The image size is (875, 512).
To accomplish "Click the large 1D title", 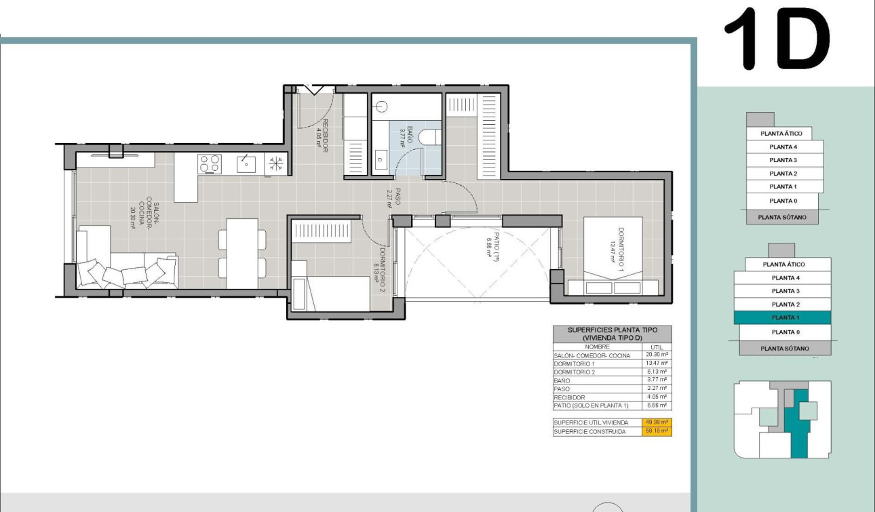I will [777, 39].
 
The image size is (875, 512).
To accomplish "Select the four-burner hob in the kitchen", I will [210, 163].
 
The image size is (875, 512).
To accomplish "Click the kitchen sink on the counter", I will [246, 163].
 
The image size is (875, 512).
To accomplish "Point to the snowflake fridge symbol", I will [276, 163].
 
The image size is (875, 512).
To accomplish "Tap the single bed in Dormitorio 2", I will [330, 292].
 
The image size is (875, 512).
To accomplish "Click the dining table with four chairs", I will [242, 253].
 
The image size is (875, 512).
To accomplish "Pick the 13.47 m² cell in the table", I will [656, 363].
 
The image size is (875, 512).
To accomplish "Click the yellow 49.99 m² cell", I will [656, 422].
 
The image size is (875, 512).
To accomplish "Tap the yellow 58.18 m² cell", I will [656, 431].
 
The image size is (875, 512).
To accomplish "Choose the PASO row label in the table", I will [562, 389].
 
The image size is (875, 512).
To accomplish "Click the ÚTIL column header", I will [656, 347].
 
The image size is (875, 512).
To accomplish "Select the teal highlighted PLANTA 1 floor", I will [784, 317].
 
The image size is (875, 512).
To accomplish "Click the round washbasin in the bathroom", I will [381, 106].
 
